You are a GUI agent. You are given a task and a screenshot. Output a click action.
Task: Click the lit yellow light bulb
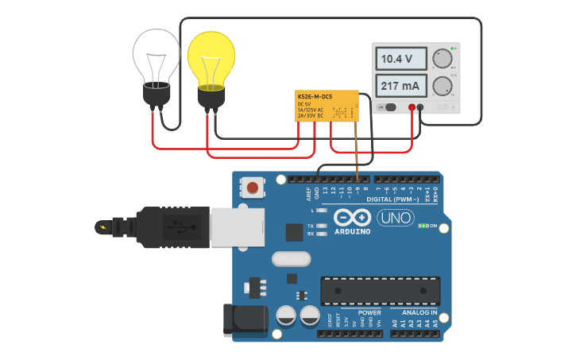click(211, 62)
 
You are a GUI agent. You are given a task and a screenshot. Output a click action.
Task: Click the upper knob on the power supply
click(442, 59)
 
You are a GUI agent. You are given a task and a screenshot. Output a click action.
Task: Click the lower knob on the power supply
click(442, 86)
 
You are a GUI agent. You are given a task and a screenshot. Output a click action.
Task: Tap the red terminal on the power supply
click(412, 107)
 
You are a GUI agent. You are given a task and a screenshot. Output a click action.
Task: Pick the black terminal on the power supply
click(420, 107)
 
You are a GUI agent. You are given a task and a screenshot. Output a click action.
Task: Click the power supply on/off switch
click(387, 107)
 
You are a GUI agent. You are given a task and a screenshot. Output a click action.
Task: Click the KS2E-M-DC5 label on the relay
click(315, 96)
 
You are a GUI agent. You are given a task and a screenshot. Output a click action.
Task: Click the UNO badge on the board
click(395, 218)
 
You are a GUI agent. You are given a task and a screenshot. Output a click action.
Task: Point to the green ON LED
click(423, 226)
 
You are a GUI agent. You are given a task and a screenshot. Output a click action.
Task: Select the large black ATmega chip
click(380, 291)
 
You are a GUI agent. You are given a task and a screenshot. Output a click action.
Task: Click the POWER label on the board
click(369, 312)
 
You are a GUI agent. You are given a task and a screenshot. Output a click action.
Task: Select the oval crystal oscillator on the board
click(288, 259)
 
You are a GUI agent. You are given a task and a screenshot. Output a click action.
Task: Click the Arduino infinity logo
click(352, 217)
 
